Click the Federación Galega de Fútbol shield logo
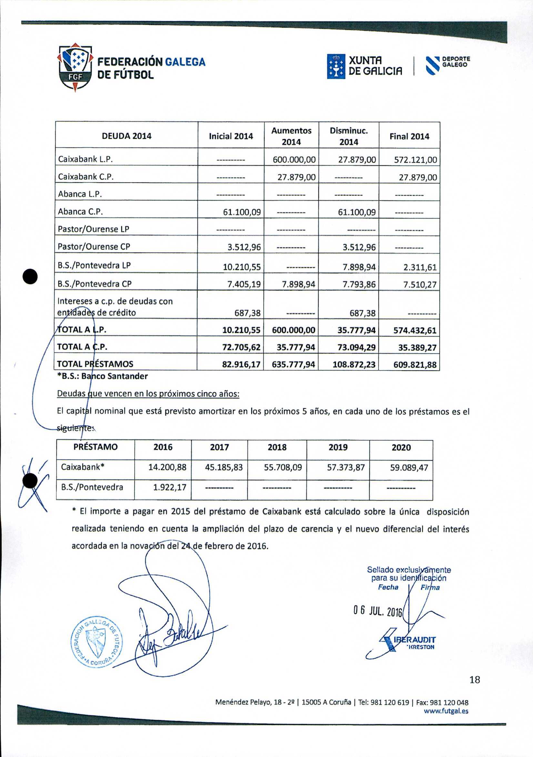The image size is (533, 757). coord(75,67)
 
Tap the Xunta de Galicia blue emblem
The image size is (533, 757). coord(336,66)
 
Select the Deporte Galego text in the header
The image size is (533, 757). coord(456,62)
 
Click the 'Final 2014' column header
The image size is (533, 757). coord(409,136)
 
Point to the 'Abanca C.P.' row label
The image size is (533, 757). coord(81,212)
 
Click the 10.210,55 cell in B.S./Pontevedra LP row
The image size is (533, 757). coord(242,267)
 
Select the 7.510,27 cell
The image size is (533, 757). coord(420,285)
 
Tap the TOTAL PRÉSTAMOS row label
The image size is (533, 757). coord(95,364)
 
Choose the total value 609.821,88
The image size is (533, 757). coord(415,365)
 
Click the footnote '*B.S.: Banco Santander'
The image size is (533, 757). coord(102,376)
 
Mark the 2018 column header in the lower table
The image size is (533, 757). coord(277,447)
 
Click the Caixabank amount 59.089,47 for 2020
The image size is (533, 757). coord(409,467)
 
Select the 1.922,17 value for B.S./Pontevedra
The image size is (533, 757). coord(170,487)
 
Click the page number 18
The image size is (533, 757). coord(475,680)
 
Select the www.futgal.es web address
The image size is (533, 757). coord(446,711)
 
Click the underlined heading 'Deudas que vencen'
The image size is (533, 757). coord(148,394)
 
